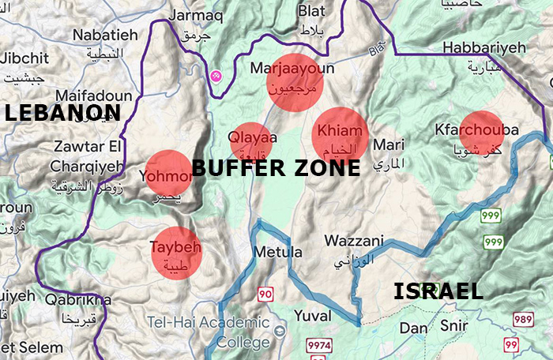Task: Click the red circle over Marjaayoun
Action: pos(294,83)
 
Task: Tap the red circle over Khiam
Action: pos(340,135)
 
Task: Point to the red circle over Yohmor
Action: pos(168,173)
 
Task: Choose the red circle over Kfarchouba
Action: pos(482,133)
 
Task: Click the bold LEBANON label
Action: pos(62,113)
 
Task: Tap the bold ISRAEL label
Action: pos(438,291)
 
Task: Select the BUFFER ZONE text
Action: pos(276,167)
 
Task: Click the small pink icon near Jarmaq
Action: pos(215,75)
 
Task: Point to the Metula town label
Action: pos(278,253)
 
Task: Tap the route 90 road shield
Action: pos(265,294)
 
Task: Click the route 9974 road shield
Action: pos(319,346)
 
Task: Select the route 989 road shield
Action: pos(522,319)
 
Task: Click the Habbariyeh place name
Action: pos(483,48)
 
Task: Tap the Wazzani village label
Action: pos(354,241)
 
